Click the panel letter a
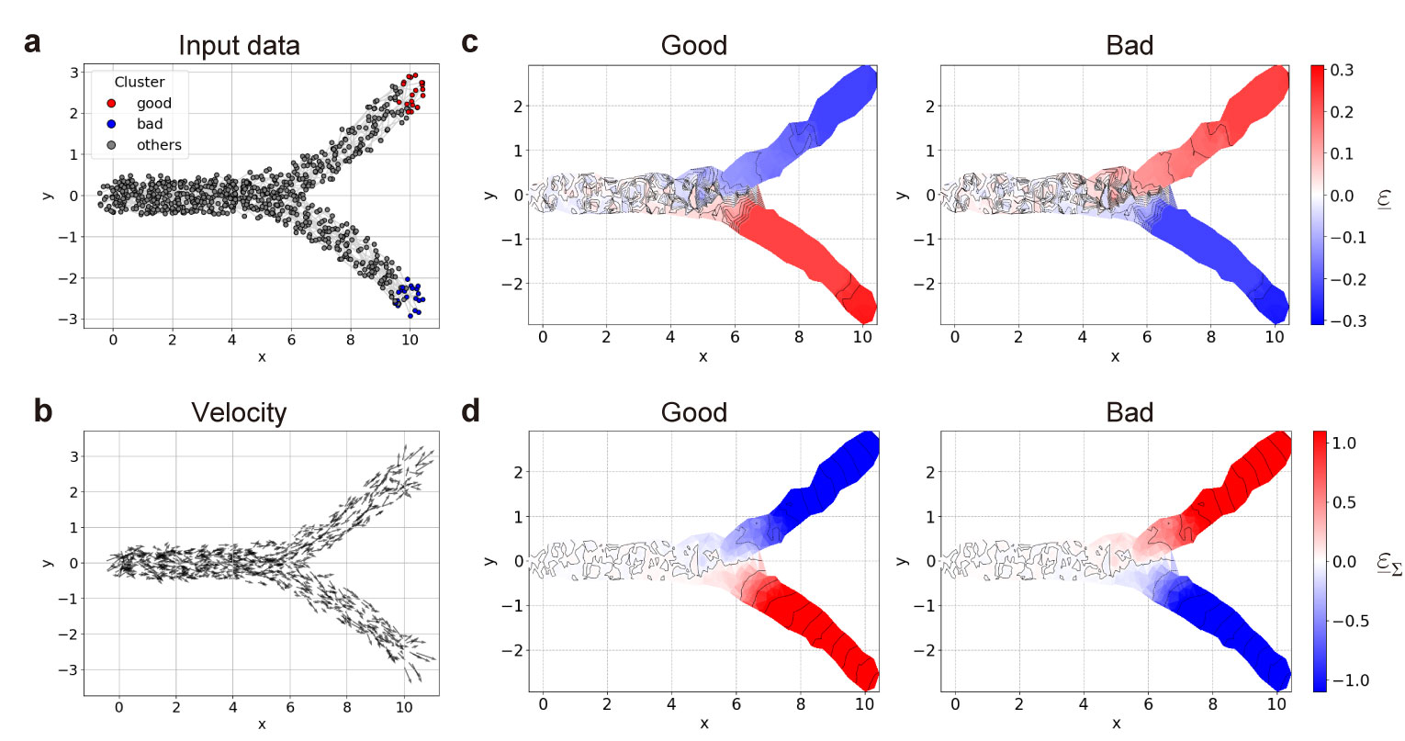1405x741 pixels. coord(33,43)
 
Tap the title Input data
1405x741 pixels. coord(239,46)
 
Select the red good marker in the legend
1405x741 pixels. coord(111,104)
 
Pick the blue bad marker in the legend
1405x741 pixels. coord(111,124)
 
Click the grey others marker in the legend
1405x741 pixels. coord(111,145)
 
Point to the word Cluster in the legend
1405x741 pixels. coord(140,82)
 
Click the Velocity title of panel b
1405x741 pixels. coord(239,413)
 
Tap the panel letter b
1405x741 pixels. coord(43,410)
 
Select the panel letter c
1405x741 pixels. coord(470,43)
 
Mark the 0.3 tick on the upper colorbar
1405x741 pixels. coord(1342,71)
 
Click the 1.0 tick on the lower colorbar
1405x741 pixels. coord(1344,443)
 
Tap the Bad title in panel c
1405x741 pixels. coord(1130,46)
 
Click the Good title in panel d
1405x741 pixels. coord(693,413)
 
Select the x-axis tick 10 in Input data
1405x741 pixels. coord(410,340)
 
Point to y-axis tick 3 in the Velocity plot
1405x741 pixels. coord(73,456)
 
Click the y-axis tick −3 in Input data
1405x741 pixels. coord(70,319)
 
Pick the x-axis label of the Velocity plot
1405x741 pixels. coord(262,724)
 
